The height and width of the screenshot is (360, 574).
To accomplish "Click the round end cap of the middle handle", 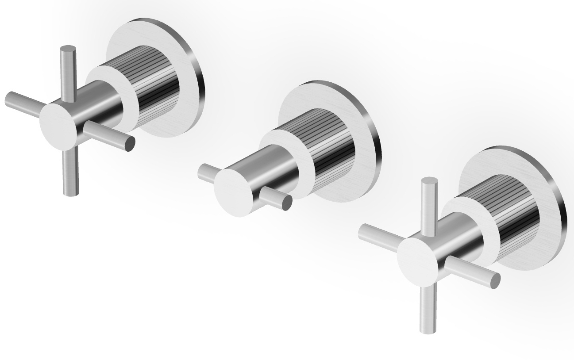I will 233,192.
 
